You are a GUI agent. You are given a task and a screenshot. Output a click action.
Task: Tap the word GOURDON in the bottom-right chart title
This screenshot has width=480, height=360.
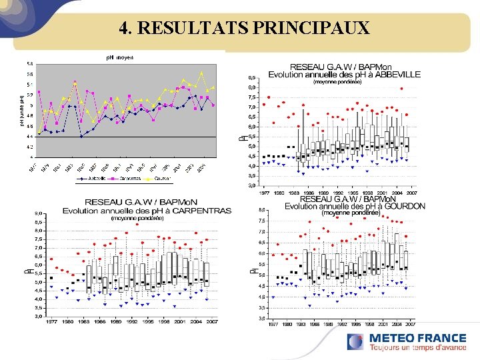point(400,206)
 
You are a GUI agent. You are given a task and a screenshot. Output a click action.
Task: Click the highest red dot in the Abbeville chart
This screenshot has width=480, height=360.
point(402,88)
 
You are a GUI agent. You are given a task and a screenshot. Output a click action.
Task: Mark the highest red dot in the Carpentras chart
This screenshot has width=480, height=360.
point(137,224)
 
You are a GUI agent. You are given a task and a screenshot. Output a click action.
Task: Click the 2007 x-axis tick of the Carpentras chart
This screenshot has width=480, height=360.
point(211,321)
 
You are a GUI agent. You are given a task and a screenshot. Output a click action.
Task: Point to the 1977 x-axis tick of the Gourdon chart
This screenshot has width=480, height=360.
point(272,324)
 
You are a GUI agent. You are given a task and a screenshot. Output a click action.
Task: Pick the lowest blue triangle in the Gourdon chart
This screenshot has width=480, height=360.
point(309,305)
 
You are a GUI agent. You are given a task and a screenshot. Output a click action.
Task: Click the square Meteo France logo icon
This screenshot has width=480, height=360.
point(355,342)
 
